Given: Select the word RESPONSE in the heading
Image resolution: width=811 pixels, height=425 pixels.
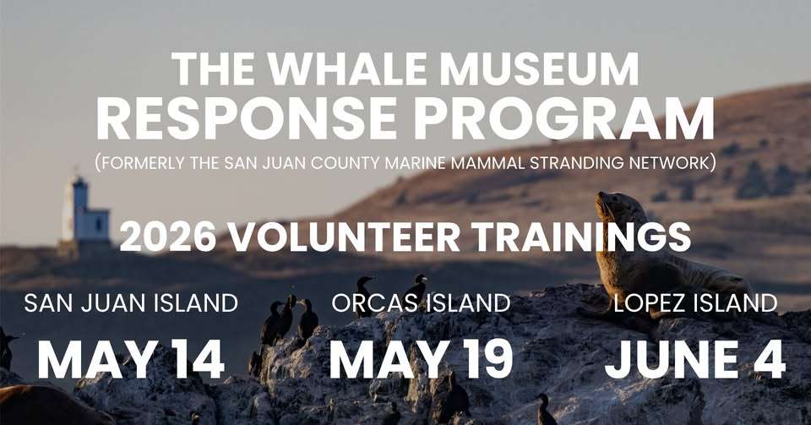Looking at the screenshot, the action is click(246, 118).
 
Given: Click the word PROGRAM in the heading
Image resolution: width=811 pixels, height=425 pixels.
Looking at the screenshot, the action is click(563, 118).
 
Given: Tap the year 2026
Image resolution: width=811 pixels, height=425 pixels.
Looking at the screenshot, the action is click(168, 237).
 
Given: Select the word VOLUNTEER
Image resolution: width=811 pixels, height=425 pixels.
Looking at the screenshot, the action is click(345, 237).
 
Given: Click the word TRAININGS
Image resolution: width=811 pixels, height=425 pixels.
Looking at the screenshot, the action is click(582, 237).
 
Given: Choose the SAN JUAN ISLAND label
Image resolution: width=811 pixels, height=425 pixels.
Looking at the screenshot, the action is click(131, 303).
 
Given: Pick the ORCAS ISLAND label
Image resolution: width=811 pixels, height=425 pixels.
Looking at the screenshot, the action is click(421, 303).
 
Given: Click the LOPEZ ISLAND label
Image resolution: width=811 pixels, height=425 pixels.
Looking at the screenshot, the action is click(695, 303).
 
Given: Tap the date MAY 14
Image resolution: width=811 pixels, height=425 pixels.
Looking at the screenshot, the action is click(131, 359).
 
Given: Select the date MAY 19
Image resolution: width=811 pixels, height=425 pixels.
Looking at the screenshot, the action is click(421, 359).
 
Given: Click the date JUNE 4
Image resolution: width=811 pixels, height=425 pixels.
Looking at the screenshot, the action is click(695, 359).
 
